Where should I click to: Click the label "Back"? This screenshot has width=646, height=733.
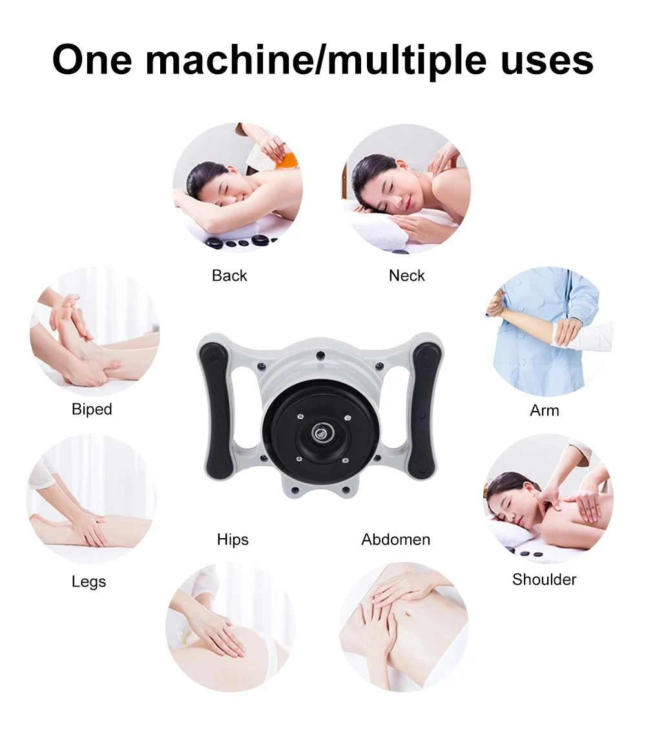(229, 276)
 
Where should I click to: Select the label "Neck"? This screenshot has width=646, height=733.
(407, 276)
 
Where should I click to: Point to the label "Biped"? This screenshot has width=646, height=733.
(92, 409)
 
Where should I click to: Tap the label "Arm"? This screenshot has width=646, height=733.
(545, 410)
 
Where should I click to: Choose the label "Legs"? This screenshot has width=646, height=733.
(89, 581)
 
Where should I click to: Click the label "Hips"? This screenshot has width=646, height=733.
(233, 539)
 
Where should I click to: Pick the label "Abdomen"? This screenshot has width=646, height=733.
(396, 539)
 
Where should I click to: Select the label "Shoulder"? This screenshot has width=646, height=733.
(545, 579)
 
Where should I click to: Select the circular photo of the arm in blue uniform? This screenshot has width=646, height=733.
(549, 332)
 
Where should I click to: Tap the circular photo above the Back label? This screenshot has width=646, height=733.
(238, 187)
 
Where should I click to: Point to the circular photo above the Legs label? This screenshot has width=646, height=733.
(90, 499)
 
